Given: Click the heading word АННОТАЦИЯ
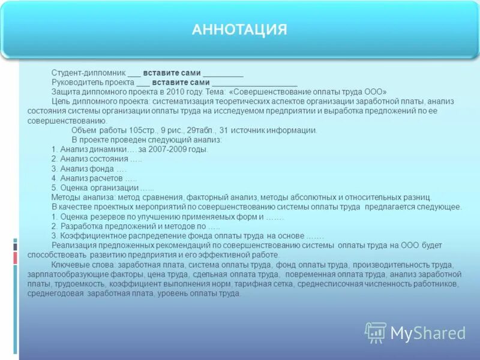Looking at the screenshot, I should (x=239, y=29).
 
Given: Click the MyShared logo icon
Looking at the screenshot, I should (x=376, y=332).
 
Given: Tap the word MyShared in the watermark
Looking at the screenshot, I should (x=428, y=333).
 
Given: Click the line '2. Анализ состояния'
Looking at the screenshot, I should (x=96, y=159).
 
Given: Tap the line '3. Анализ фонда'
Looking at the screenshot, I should (x=89, y=169).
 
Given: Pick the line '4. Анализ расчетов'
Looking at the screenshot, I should (x=94, y=178).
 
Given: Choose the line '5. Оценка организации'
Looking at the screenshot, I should (x=102, y=188).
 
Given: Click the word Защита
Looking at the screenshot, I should (x=64, y=92).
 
